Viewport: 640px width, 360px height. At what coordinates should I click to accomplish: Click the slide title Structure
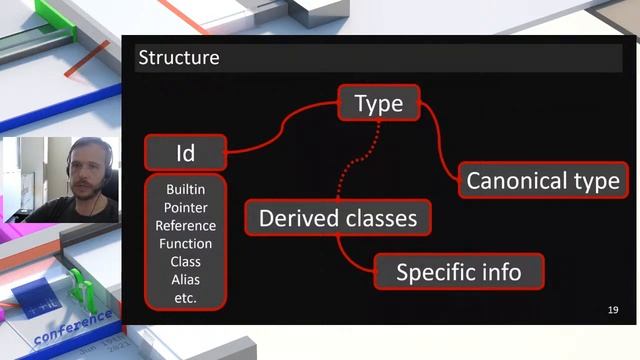[178, 58]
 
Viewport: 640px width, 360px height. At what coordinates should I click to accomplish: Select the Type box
[378, 103]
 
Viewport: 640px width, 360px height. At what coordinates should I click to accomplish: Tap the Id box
[185, 153]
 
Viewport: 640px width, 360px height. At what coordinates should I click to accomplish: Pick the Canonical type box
[543, 181]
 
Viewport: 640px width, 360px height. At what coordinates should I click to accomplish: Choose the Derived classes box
[338, 217]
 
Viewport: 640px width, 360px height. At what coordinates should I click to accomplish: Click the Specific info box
[458, 271]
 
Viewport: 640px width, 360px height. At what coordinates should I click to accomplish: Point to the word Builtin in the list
[186, 190]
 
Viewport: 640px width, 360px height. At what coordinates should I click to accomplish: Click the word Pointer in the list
[186, 208]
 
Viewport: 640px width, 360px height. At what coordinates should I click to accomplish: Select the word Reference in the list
[186, 226]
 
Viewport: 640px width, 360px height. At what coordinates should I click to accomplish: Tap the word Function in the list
[186, 244]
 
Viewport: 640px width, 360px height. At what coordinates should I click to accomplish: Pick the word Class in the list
[186, 262]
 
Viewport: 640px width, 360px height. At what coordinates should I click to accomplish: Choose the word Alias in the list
[186, 280]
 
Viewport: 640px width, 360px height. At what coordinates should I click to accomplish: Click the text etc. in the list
[186, 298]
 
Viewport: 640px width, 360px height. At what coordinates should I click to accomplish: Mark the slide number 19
[612, 311]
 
